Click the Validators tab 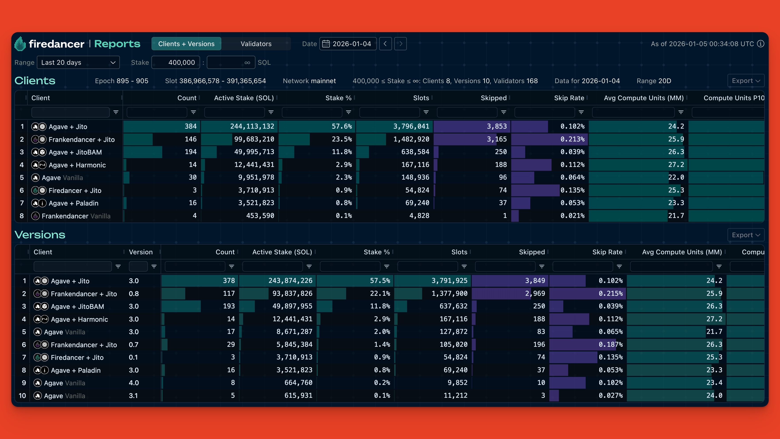click(x=256, y=44)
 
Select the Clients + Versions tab click(x=186, y=44)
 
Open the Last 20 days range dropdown click(x=78, y=62)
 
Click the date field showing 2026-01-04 click(x=348, y=44)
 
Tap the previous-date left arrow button click(x=385, y=44)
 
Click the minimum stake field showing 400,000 click(x=176, y=62)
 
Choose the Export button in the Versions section click(x=745, y=235)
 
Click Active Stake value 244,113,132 click(x=252, y=126)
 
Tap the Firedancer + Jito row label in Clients click(x=75, y=191)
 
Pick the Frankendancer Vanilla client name click(x=76, y=216)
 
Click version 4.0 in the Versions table click(x=134, y=383)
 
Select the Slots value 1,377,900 click(x=449, y=293)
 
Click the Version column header click(x=140, y=252)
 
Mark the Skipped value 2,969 click(x=535, y=293)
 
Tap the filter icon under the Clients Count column click(x=193, y=112)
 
